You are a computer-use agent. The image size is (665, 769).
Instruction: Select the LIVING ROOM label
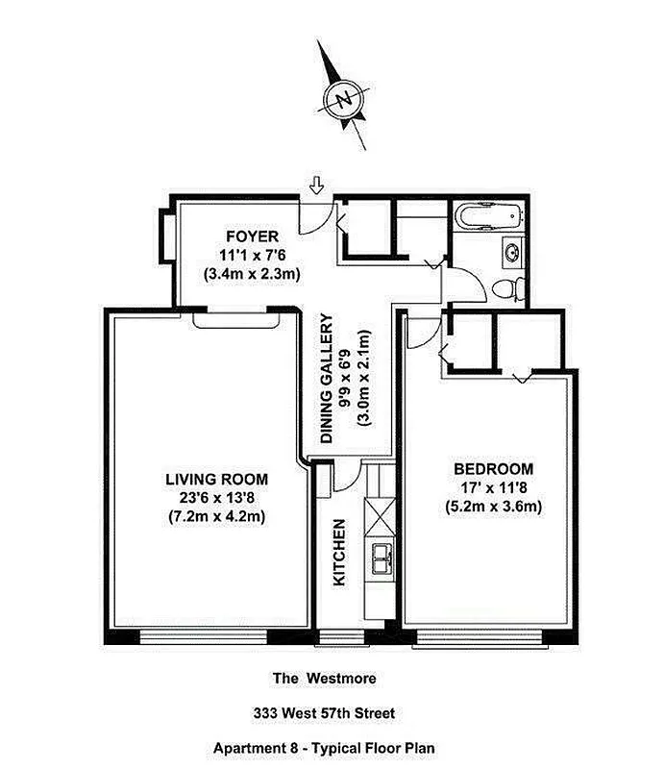(216, 479)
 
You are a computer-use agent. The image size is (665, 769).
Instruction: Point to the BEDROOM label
(493, 469)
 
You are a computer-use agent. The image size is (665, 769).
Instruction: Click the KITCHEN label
(338, 554)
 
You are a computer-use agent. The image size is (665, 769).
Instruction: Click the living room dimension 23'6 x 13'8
(216, 498)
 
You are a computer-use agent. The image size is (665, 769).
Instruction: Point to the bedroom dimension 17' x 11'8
(493, 488)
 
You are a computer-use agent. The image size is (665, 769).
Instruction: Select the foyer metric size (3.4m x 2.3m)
(252, 274)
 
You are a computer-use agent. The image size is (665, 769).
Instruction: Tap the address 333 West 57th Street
(333, 713)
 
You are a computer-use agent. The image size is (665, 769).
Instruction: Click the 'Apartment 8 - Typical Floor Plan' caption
(332, 747)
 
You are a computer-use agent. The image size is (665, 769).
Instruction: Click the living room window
(204, 636)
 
